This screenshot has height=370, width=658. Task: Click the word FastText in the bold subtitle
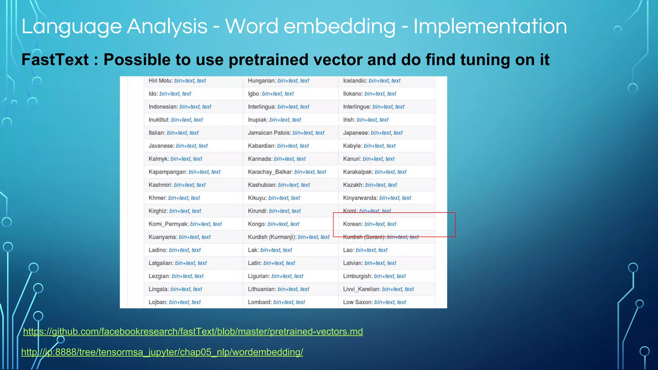pos(55,60)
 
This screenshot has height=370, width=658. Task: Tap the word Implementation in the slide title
pos(490,26)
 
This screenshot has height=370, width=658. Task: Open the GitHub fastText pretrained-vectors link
pos(193,331)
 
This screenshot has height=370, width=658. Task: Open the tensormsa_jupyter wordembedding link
pos(162,352)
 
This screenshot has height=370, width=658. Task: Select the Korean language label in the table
pos(353,224)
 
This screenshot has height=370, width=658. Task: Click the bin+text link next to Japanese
pos(381,133)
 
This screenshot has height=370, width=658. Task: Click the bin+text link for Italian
pos(177,133)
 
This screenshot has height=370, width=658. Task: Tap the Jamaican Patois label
pos(269,133)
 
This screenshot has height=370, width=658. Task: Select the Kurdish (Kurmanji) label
pos(272,237)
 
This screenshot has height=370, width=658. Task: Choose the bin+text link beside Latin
pos(273,263)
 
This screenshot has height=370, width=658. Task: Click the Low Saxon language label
pos(358,302)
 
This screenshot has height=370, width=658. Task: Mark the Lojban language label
pos(158,302)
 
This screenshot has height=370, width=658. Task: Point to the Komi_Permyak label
pos(168,224)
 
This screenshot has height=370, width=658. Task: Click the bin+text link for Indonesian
pos(190,107)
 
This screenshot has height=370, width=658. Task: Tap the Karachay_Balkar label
pos(270,172)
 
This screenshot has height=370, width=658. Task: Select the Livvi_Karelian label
pos(361,289)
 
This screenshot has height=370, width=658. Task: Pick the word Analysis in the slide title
pos(167,26)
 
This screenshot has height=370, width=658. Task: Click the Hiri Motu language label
pos(160,81)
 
